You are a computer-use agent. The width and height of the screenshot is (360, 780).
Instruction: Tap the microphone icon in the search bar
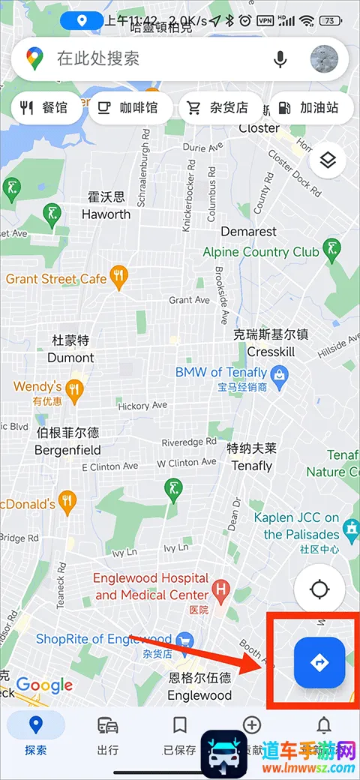click(x=280, y=58)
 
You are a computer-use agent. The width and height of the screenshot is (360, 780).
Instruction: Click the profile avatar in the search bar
click(x=324, y=58)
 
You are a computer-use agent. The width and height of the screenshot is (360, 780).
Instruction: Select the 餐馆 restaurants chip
click(x=45, y=108)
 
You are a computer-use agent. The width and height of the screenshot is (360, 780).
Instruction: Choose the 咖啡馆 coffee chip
click(x=128, y=108)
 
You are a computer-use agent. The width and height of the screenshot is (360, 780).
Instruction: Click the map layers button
click(x=327, y=160)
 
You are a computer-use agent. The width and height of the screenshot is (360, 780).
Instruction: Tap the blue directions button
click(x=319, y=662)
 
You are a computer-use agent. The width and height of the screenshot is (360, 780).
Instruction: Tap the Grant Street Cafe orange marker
click(x=118, y=277)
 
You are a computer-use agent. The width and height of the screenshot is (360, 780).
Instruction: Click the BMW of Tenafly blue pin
click(x=279, y=373)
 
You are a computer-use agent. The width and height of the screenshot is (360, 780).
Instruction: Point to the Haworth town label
click(x=106, y=214)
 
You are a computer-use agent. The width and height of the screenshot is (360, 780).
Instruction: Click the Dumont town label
click(x=70, y=358)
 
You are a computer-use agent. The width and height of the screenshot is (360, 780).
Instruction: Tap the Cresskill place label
click(x=271, y=352)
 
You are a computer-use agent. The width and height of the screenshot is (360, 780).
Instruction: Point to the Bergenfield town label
click(x=67, y=451)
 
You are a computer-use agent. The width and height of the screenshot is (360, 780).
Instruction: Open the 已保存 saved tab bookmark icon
click(x=179, y=726)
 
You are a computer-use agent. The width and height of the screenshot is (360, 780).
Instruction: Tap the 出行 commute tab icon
click(x=108, y=726)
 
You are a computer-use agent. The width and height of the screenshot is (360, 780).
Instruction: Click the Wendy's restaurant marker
click(x=73, y=388)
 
